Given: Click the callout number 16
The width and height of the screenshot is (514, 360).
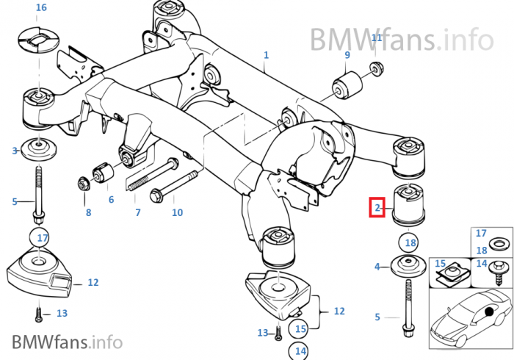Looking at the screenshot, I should pyautogui.click(x=40, y=7).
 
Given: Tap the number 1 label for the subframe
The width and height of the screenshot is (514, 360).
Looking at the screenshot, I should pyautogui.click(x=266, y=55).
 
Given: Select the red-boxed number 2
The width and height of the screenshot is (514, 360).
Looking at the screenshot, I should pyautogui.click(x=377, y=208).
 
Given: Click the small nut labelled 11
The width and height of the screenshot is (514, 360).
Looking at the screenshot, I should pyautogui.click(x=374, y=70).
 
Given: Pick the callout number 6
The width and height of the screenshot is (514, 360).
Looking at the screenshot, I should pyautogui.click(x=111, y=199).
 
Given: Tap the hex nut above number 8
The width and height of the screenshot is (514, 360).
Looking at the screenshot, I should pyautogui.click(x=84, y=181).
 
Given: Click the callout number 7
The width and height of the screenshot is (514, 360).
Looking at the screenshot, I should pyautogui.click(x=137, y=213).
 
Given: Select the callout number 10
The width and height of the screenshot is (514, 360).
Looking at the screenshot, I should pyautogui.click(x=177, y=213).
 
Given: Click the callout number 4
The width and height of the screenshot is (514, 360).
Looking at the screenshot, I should pyautogui.click(x=377, y=267).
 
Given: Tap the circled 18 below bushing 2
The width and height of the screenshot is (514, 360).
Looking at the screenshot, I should pyautogui.click(x=410, y=242).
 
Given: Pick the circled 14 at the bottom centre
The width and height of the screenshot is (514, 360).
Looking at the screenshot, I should pyautogui.click(x=300, y=351).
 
